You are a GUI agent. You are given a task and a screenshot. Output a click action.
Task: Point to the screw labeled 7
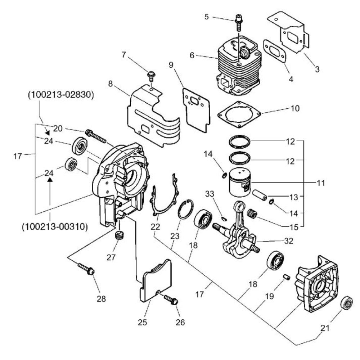point(151,77)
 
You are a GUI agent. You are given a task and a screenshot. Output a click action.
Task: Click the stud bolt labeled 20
point(96,137)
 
